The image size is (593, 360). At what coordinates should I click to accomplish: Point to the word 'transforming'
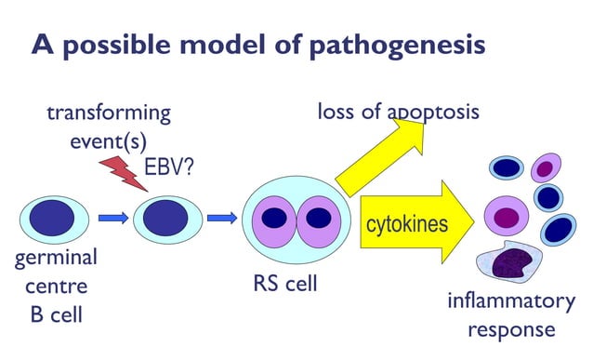coord(109,113)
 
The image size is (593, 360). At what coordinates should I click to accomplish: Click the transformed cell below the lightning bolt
coord(167,220)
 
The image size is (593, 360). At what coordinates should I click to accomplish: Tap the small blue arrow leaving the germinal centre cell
coord(112,220)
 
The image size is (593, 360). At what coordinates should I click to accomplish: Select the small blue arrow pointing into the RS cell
coord(221,220)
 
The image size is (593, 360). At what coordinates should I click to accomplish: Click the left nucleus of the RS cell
coord(274,219)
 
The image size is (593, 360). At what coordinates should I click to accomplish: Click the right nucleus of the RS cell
coord(318,219)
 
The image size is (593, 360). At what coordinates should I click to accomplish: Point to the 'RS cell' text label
coord(285,283)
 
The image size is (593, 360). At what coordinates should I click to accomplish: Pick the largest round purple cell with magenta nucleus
coord(505,217)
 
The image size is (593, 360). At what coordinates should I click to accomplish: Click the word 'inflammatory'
coord(510,301)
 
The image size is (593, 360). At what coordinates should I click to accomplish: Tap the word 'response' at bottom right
coord(510,330)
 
